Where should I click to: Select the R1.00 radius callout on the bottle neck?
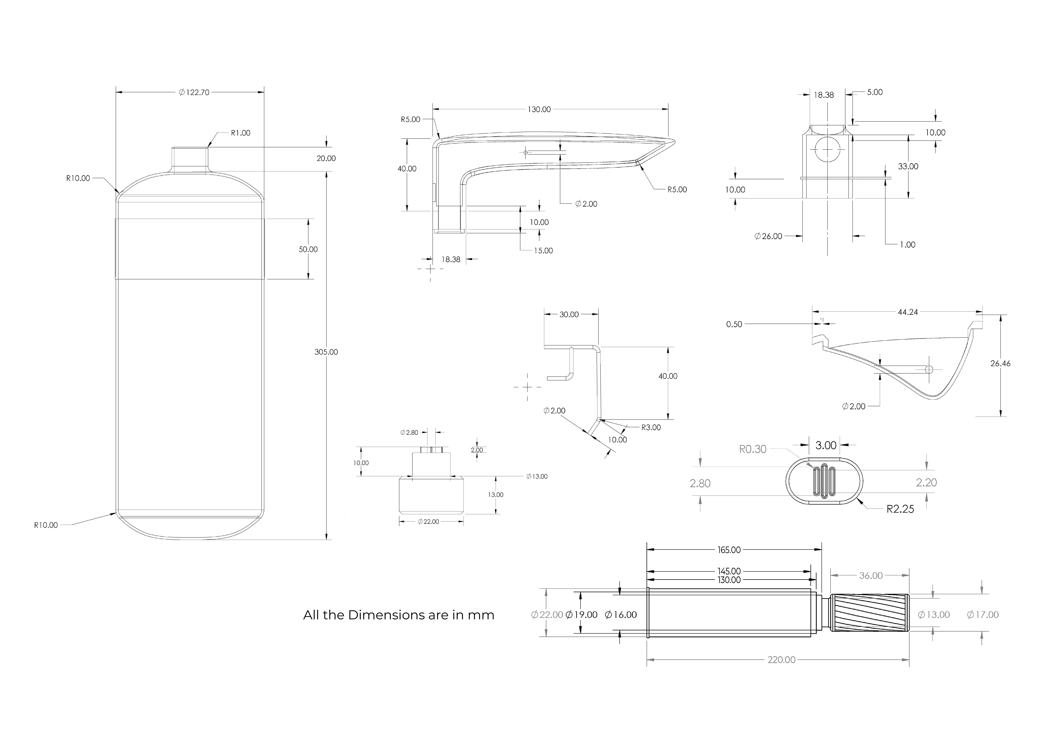tap(241, 133)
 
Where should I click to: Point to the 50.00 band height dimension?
tap(308, 249)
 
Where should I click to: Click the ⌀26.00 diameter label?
tap(769, 236)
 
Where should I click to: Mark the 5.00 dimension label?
tap(874, 92)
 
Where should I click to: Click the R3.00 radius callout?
tap(651, 427)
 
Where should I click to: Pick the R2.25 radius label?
tap(900, 509)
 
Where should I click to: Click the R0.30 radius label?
tap(753, 449)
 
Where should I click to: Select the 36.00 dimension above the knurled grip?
tap(871, 576)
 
